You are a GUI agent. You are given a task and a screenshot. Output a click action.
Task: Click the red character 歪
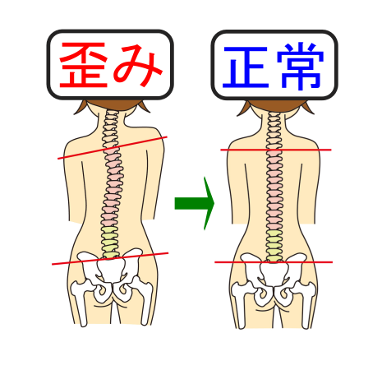pos(84,65)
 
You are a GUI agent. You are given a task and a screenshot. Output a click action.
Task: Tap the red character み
pos(138,66)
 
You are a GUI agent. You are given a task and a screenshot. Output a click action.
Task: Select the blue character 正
pos(246,67)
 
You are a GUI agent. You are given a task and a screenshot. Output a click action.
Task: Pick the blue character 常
pos(301,67)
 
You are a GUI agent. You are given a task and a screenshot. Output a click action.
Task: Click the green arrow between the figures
pos(195,203)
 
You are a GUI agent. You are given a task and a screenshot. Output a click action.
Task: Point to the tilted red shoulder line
pos(113,147)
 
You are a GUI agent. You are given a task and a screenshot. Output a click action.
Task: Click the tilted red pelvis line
pos(110,258)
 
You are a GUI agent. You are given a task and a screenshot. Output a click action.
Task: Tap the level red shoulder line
pos(276,150)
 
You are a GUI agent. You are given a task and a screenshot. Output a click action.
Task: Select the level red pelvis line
pos(274,262)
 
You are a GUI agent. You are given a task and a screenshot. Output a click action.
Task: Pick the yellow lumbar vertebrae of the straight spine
pos(274,246)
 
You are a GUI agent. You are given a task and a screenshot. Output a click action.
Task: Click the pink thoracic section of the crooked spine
pos(113,187)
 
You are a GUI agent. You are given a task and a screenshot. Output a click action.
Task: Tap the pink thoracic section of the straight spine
pos(274,190)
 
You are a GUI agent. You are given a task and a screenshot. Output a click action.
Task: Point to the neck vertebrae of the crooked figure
pos(111,129)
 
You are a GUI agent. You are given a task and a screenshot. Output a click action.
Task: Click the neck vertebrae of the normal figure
pos(274,131)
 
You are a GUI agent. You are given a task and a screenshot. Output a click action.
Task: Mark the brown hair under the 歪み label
pos(112,105)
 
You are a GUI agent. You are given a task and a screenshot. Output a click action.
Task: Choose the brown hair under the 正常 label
pos(275,106)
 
